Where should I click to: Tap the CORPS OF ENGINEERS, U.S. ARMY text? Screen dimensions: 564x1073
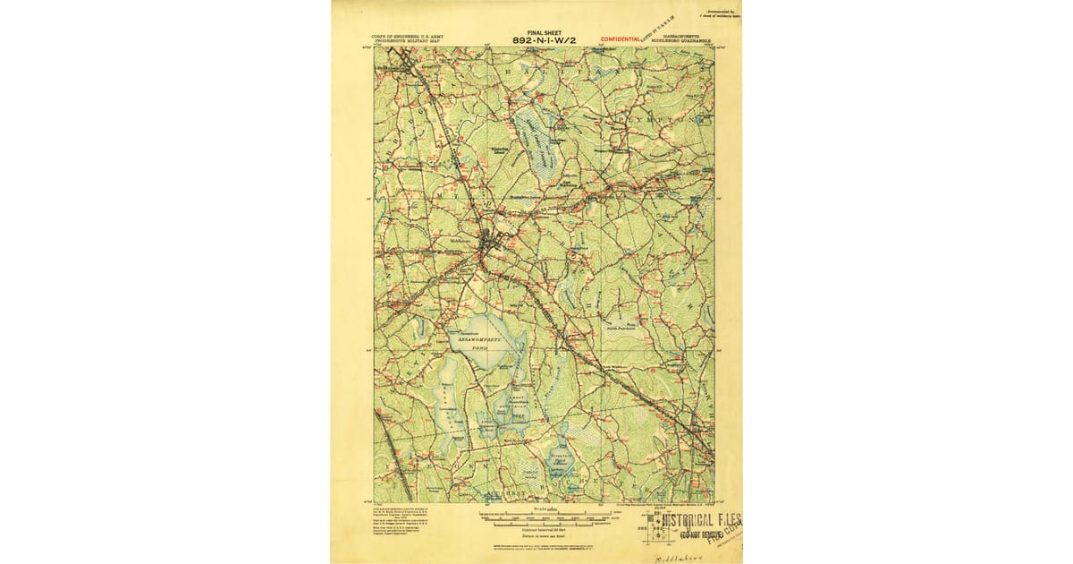click(x=408, y=37)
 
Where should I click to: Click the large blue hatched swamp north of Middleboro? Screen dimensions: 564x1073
click(x=536, y=143)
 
